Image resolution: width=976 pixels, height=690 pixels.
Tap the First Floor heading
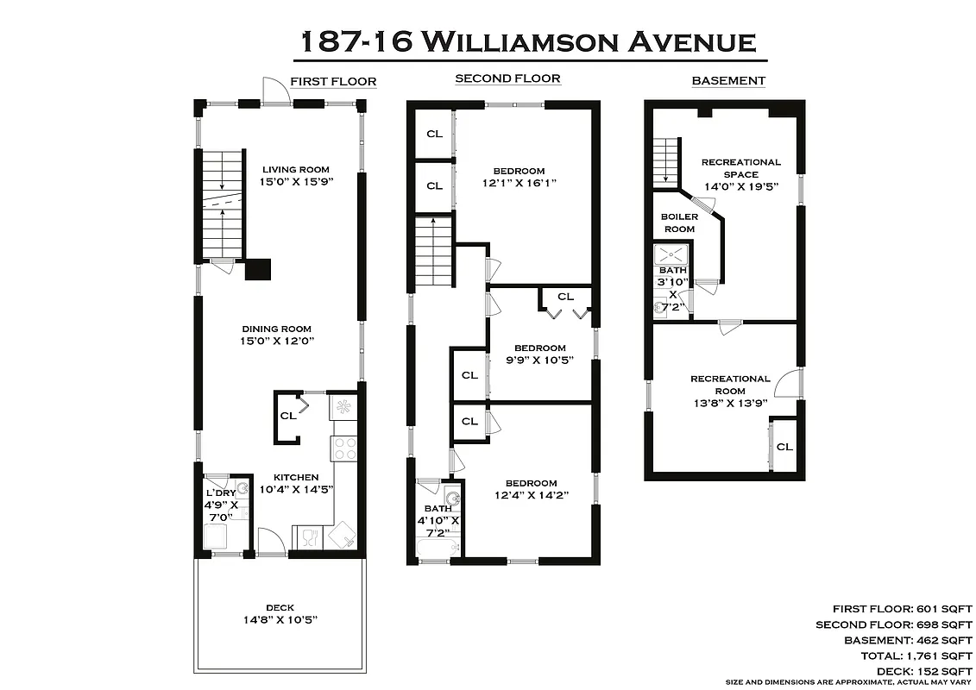coord(333,82)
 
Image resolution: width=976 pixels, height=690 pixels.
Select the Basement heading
coord(728,81)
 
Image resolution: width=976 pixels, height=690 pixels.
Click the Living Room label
coord(296,169)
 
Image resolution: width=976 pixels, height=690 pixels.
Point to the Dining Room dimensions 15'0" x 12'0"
coord(276,341)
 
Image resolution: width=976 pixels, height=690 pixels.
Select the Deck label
coord(280,607)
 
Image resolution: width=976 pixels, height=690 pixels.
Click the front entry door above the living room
coord(277,91)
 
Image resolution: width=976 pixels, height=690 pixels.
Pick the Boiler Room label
coord(679,223)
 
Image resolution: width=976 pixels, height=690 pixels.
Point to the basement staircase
coord(666,161)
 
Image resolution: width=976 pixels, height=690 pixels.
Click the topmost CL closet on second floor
coord(434,134)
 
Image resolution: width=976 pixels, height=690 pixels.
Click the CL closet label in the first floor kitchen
coord(287,416)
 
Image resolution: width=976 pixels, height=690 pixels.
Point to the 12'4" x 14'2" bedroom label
coord(531,489)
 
